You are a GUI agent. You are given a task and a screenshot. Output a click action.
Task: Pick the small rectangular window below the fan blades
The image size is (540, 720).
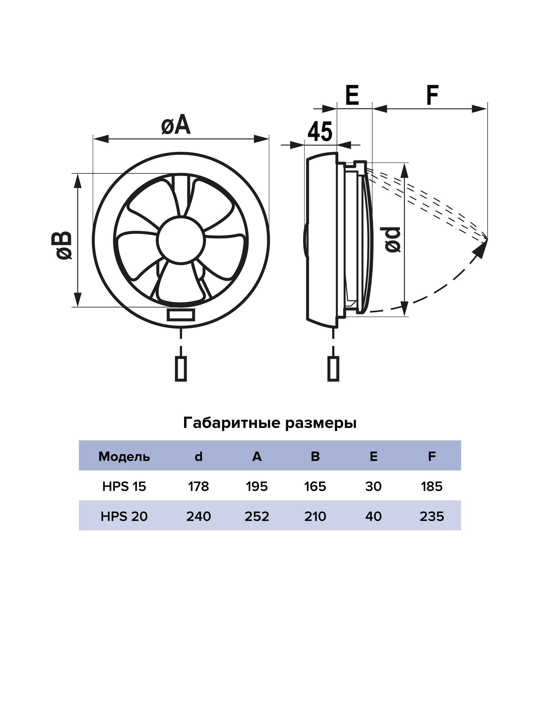[181, 315]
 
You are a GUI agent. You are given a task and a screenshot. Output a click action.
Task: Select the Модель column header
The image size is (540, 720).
[124, 457]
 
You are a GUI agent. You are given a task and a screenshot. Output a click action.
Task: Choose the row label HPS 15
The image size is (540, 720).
[124, 487]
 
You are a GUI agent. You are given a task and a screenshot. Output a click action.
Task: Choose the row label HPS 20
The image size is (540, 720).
[124, 516]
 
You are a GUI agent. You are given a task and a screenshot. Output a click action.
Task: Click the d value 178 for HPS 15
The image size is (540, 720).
[198, 487]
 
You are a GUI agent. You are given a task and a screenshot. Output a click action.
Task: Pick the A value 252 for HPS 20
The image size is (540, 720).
[257, 516]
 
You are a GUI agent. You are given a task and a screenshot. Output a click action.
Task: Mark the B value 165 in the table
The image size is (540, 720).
[315, 487]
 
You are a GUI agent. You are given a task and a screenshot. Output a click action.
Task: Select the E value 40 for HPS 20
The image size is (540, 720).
[373, 516]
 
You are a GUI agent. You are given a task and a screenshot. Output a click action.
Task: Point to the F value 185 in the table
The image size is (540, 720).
[432, 487]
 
